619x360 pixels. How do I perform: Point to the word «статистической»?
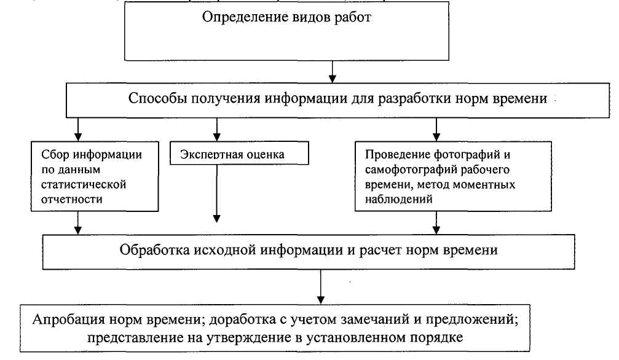[x=84, y=184]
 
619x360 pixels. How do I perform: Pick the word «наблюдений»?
[x=399, y=199]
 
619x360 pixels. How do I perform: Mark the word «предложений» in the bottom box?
[x=471, y=319]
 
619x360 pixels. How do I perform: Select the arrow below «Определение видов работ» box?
[x=333, y=72]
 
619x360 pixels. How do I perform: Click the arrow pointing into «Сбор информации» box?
[x=78, y=130]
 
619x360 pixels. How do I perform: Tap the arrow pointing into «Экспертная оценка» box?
[x=217, y=130]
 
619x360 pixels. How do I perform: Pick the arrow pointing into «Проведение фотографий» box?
[x=436, y=130]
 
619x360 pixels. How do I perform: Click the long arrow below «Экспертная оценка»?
[x=217, y=194]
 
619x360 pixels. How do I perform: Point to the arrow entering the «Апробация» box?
[x=320, y=287]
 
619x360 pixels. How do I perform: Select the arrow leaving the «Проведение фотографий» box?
[x=436, y=223]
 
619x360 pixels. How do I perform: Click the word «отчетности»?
[x=72, y=199]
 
